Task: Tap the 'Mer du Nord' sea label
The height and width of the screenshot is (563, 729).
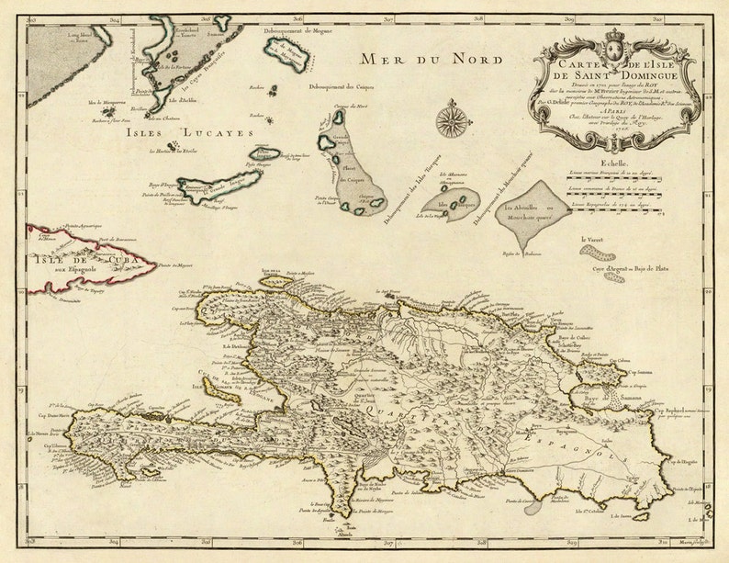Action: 431,61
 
